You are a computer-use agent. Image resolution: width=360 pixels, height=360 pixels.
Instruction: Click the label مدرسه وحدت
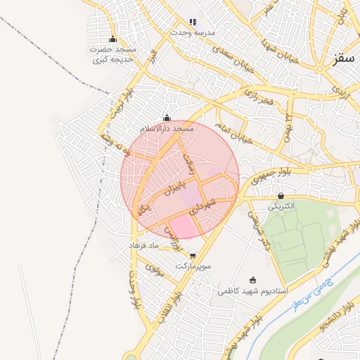(x=194, y=33)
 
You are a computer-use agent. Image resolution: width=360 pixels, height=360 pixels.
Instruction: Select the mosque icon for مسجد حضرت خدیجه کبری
(x=112, y=39)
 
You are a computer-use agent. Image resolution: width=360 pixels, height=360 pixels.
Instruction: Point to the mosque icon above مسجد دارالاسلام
(x=167, y=118)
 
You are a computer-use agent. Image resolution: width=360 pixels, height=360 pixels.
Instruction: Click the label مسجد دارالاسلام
(x=167, y=130)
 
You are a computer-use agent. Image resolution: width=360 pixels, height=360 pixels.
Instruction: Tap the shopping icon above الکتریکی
(x=282, y=195)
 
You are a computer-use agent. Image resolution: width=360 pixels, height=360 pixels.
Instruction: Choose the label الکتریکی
(x=281, y=207)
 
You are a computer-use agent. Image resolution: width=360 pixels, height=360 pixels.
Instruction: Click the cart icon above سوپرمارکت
(x=193, y=255)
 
